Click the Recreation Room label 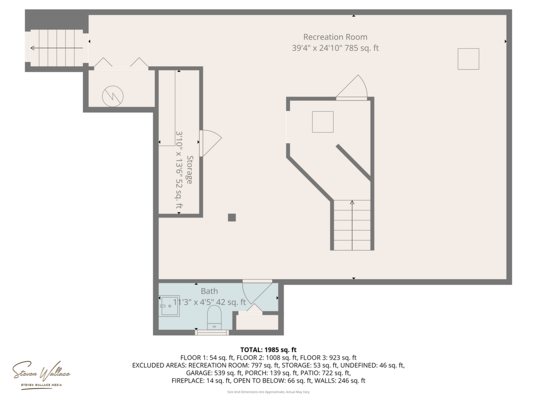[x=335, y=37]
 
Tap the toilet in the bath [x=214, y=318]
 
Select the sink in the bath [x=169, y=306]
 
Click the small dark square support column [x=232, y=217]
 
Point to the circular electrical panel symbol [x=112, y=96]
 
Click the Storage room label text [x=190, y=170]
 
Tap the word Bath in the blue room [x=209, y=291]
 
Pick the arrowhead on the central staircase [x=352, y=202]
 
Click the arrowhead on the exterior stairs [x=32, y=48]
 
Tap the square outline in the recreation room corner [x=469, y=59]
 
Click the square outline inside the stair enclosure [x=323, y=122]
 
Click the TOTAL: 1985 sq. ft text [x=268, y=350]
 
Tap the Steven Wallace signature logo [x=41, y=374]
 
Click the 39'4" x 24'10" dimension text [x=317, y=48]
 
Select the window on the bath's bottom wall [x=212, y=332]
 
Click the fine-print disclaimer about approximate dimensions [x=268, y=392]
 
